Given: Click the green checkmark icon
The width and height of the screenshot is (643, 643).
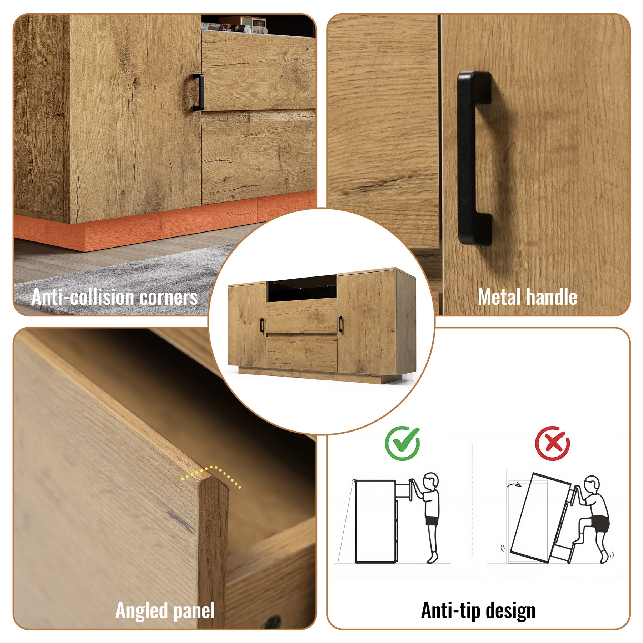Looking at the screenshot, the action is tap(402, 443).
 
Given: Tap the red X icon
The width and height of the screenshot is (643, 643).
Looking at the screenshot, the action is tap(552, 443).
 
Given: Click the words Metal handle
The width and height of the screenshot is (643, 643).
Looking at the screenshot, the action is tap(527, 297).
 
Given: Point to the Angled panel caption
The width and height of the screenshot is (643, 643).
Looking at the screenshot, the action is tap(165, 610).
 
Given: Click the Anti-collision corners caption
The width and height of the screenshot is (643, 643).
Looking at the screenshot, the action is tap(114, 297).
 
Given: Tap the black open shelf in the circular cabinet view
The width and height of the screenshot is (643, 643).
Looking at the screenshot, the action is tap(302, 288).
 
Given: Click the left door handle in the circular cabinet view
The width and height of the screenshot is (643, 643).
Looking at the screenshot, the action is tap(262, 325).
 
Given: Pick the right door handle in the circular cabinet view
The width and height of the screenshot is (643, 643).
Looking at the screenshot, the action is tap(340, 324).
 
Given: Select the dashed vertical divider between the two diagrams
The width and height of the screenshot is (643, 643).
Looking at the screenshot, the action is tap(473, 499).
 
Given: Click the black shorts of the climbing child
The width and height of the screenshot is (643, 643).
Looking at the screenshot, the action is tap(599, 522).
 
